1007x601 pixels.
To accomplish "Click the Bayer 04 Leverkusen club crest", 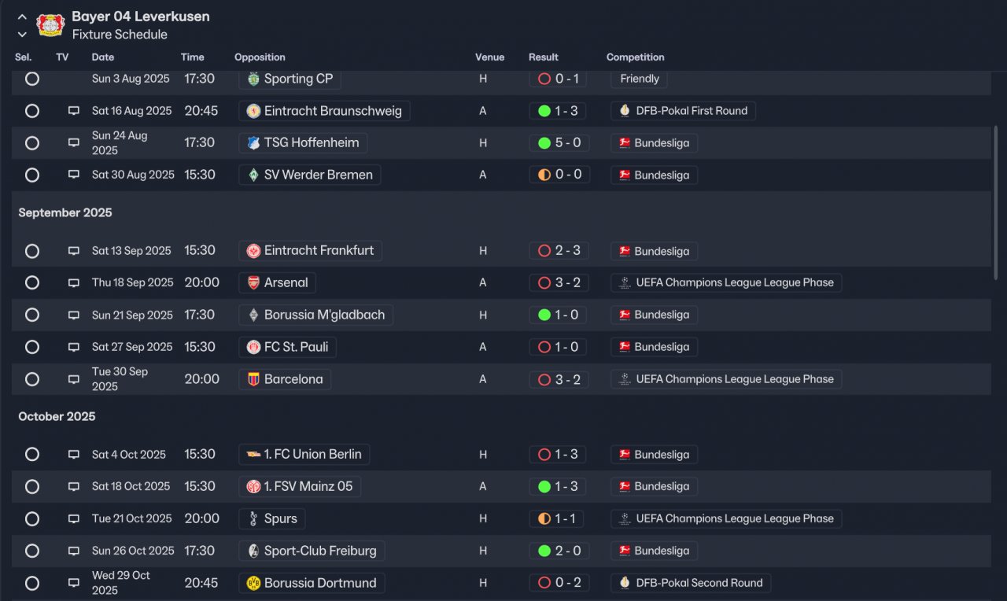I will [50, 25].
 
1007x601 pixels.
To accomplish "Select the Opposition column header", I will [260, 57].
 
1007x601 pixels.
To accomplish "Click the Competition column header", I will [635, 57].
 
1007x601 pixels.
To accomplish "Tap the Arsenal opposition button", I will [277, 283].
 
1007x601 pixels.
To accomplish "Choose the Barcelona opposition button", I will [285, 379].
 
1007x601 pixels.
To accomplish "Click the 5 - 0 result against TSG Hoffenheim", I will [559, 143].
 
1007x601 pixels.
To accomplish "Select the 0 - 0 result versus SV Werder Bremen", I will [559, 175].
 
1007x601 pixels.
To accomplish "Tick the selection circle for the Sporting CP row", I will [32, 79].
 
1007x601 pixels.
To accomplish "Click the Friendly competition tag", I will [639, 79].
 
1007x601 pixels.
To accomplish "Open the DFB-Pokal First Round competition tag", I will [683, 111].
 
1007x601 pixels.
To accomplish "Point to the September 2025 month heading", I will [65, 213].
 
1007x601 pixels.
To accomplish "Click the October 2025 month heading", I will [57, 417].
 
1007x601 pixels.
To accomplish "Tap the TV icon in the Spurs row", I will [74, 519].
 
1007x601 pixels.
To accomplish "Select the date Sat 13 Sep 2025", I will [131, 251].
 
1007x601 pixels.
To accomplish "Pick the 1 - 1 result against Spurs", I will [556, 519].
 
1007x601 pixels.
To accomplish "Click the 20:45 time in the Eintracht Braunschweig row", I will [201, 111].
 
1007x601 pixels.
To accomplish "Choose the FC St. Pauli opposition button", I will [288, 347].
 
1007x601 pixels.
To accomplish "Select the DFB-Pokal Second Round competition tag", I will [690, 584].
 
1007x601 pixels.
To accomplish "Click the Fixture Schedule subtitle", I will [120, 35].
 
